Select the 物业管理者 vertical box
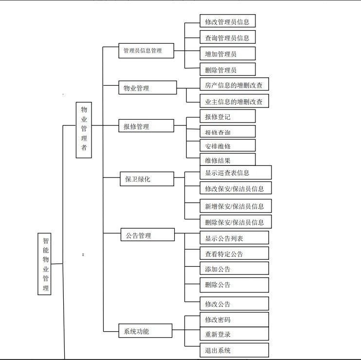tap(84, 129)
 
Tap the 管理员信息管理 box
tap(146, 51)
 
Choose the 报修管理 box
tap(146, 126)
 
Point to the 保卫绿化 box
tap(147, 179)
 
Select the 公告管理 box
tap(147, 235)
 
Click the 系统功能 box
tap(145, 331)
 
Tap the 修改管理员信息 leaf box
tap(227, 21)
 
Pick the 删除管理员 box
tap(227, 69)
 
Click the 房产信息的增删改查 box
tap(234, 85)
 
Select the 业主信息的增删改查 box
tap(234, 101)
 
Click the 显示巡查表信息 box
tap(235, 173)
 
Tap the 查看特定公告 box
tap(234, 253)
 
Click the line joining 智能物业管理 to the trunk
tap(57, 264)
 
